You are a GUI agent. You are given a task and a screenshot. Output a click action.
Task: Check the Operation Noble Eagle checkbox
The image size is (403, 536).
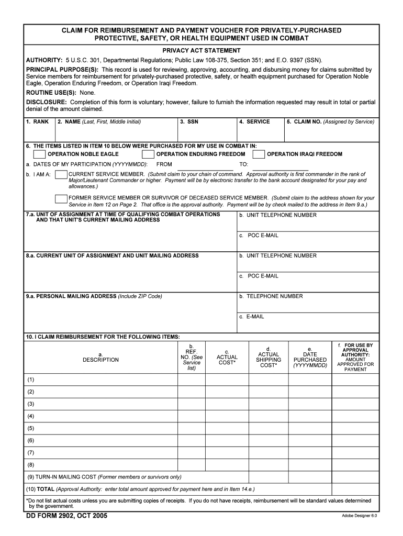tap(39, 154)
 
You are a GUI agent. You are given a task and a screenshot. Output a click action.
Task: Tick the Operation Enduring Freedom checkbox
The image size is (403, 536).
tap(148, 154)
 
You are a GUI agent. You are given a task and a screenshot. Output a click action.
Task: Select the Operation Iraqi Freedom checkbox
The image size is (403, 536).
tap(259, 154)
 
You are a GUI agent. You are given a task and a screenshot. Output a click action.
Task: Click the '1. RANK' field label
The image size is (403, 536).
tap(38, 122)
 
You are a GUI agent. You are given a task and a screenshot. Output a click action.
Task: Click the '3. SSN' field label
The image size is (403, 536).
tap(189, 122)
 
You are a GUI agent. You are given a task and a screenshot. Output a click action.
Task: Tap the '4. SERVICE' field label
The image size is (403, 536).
tap(254, 122)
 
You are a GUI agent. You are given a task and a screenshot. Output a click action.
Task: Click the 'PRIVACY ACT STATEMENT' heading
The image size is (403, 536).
tap(201, 51)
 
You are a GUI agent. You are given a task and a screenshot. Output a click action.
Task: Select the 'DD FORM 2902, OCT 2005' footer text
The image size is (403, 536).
tap(66, 516)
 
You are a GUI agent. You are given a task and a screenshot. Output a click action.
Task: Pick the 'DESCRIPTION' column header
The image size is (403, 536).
tap(100, 360)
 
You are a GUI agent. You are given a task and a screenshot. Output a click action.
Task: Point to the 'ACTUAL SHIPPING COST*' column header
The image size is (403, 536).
tap(268, 357)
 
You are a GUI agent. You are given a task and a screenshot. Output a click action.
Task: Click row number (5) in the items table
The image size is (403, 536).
tap(31, 428)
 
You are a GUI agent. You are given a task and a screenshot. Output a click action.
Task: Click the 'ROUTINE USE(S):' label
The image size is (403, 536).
tap(51, 92)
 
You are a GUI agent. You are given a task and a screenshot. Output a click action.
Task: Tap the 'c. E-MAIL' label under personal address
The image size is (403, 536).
tap(252, 317)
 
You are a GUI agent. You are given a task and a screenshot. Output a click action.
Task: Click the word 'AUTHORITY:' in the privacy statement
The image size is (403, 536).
tap(44, 60)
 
